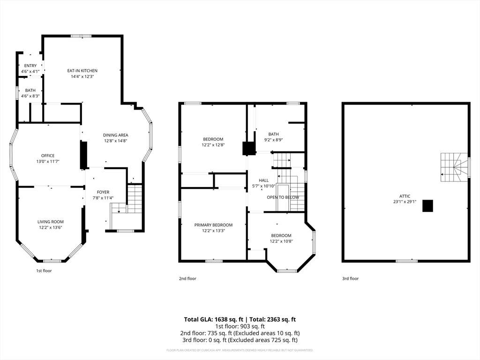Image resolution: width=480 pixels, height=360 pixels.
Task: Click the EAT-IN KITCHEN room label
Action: [82, 71]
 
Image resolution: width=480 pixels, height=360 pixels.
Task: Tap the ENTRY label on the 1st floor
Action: [30, 66]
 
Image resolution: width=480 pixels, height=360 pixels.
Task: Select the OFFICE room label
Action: [48, 156]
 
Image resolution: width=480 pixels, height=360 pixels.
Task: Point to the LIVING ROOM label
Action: [51, 222]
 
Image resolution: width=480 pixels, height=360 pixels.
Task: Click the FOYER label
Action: [103, 192]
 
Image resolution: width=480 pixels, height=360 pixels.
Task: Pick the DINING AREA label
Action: [115, 135]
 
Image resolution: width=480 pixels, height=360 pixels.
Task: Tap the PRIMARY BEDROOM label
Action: [213, 225]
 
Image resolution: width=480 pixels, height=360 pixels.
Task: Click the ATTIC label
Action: [405, 196]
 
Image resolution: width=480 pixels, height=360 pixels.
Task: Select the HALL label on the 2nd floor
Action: [263, 180]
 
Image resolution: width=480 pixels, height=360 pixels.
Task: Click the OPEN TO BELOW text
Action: [283, 197]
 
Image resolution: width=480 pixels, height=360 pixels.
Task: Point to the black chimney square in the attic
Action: [427, 206]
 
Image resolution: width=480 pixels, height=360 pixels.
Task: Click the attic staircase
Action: [454, 167]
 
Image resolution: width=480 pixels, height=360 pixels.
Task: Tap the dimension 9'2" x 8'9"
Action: [273, 140]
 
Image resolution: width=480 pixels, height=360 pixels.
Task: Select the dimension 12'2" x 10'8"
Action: [281, 241]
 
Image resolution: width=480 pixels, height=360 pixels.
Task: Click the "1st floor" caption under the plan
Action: [44, 271]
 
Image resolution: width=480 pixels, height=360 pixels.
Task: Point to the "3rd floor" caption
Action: [350, 278]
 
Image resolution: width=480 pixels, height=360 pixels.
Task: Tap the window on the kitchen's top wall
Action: [81, 36]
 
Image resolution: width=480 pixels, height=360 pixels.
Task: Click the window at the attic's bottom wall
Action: [406, 261]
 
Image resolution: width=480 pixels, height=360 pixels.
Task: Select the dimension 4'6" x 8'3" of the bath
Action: [30, 96]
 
